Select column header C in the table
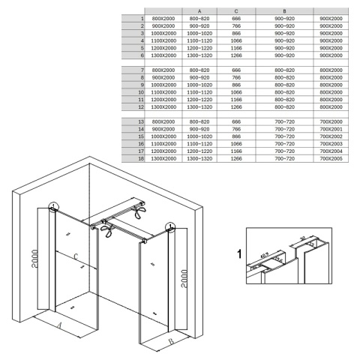(237, 10)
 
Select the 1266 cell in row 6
(237, 55)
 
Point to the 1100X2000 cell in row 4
(163, 40)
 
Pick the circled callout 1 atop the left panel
(52, 208)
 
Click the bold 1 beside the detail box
(238, 254)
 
